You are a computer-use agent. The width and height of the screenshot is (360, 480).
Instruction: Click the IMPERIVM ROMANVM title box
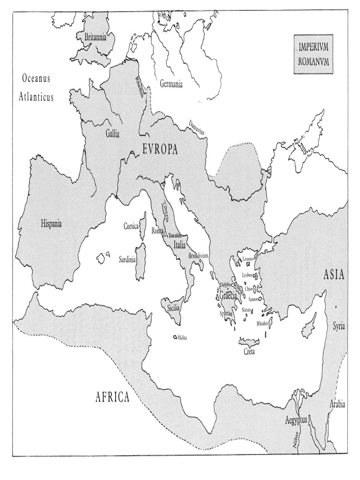click(x=313, y=54)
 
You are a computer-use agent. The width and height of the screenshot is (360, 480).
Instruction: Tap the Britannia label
click(x=96, y=36)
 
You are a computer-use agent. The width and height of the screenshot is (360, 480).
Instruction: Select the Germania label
click(x=171, y=83)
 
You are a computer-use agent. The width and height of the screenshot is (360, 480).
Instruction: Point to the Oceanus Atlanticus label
click(x=36, y=88)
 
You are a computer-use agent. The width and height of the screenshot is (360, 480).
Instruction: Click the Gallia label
click(x=112, y=134)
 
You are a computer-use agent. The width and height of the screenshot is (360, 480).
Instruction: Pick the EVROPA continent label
click(x=159, y=150)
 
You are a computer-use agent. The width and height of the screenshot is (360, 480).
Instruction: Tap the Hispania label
click(x=51, y=224)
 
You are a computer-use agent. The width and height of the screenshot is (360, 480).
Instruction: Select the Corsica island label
click(x=131, y=226)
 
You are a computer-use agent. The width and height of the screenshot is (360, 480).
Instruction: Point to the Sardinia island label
click(x=127, y=259)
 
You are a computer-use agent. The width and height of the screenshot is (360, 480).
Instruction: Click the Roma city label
click(x=157, y=231)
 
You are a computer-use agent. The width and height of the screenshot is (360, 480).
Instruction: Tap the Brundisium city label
click(x=197, y=256)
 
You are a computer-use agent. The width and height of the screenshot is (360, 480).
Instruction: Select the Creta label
click(x=248, y=352)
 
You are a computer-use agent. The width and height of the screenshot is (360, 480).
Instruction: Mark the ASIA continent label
click(x=334, y=275)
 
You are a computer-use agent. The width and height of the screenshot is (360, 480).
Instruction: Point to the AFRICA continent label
click(x=112, y=398)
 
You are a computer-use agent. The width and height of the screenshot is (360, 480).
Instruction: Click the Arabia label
click(x=337, y=404)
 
